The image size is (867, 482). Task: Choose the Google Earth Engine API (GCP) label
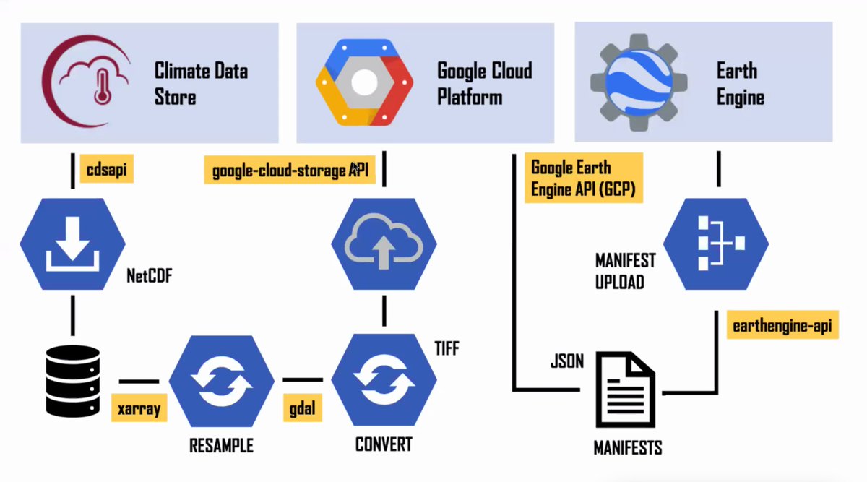tap(584, 178)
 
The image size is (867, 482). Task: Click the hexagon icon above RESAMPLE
tap(221, 381)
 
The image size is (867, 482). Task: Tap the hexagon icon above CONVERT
tap(384, 381)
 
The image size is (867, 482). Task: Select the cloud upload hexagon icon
tap(384, 242)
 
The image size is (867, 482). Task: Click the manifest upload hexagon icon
tap(716, 243)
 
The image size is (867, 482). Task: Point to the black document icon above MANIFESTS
tap(626, 390)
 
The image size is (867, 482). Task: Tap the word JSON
tap(566, 361)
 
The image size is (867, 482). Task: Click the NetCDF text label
tap(150, 275)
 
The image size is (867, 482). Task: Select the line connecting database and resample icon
tap(139, 381)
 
